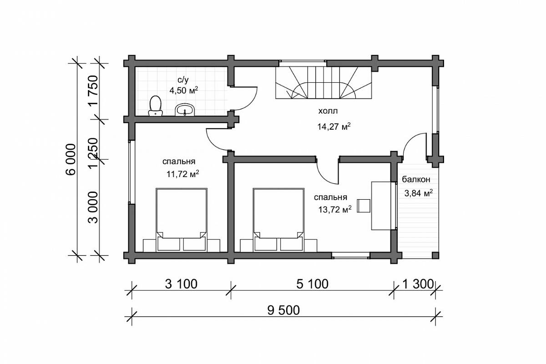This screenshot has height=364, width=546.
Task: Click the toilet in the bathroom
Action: tap(156, 106)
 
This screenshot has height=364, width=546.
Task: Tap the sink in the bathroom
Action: tap(185, 110)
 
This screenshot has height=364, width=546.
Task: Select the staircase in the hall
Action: tap(324, 82)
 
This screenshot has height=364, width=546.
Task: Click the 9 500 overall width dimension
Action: tap(283, 310)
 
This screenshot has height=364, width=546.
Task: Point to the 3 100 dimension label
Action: tap(181, 284)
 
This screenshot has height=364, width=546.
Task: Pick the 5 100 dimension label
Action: tap(312, 284)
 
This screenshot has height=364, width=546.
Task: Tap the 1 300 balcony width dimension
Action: tap(418, 284)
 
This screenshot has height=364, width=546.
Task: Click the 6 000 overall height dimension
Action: tap(71, 159)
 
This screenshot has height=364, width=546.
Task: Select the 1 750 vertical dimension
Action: tap(93, 90)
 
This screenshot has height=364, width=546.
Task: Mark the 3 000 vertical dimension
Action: tap(93, 207)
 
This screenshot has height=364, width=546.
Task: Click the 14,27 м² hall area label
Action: tap(334, 126)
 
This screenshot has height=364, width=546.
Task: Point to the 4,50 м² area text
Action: tap(183, 90)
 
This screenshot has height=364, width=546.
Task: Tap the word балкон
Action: tap(416, 180)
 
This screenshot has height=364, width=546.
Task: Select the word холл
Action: tap(328, 111)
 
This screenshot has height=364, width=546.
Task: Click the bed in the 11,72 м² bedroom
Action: tap(182, 220)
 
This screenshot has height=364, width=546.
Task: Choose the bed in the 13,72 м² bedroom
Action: tap(278, 220)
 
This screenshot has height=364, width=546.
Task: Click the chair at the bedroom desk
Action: tap(364, 206)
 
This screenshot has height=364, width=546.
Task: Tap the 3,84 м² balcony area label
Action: tap(419, 193)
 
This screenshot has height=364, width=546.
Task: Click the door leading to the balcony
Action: tap(415, 146)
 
